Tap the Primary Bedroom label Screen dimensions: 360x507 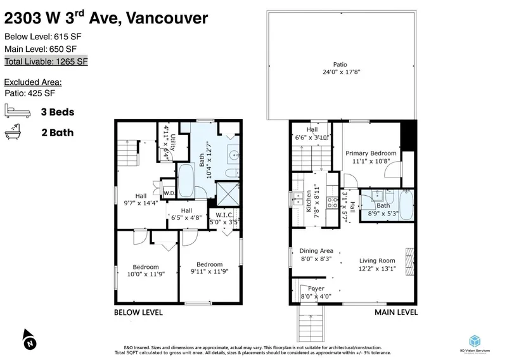(371, 153)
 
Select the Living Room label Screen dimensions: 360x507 (377, 260)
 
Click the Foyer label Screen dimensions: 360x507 (316, 288)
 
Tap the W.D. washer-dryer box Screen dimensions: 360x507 (169, 193)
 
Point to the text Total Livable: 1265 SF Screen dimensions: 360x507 (46, 61)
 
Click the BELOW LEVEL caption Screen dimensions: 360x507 (138, 312)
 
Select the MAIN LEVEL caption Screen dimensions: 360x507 (395, 312)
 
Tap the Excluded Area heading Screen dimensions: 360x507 (33, 82)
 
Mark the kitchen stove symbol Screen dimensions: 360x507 (331, 203)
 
